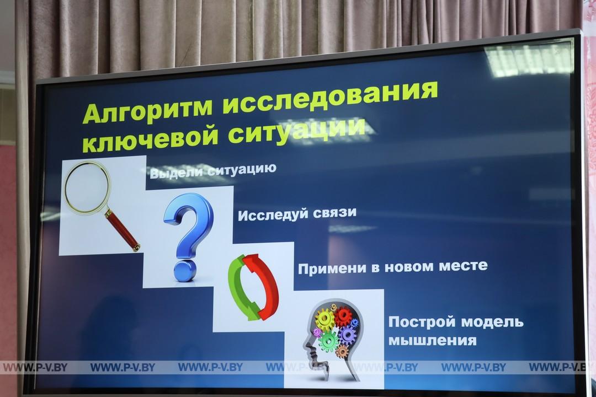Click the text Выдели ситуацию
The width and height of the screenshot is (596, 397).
tap(213, 170)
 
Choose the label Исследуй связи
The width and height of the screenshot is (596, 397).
tap(297, 214)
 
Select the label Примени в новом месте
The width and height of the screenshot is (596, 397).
tap(393, 267)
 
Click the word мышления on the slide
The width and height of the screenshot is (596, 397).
tap(432, 340)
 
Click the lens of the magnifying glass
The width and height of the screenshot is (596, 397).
tap(87, 186)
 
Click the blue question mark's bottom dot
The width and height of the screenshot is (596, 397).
tap(183, 271)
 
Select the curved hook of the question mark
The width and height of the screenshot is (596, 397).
tap(189, 221)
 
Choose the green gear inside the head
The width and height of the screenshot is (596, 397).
tap(329, 340)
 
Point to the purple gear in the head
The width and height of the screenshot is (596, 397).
tap(347, 335)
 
